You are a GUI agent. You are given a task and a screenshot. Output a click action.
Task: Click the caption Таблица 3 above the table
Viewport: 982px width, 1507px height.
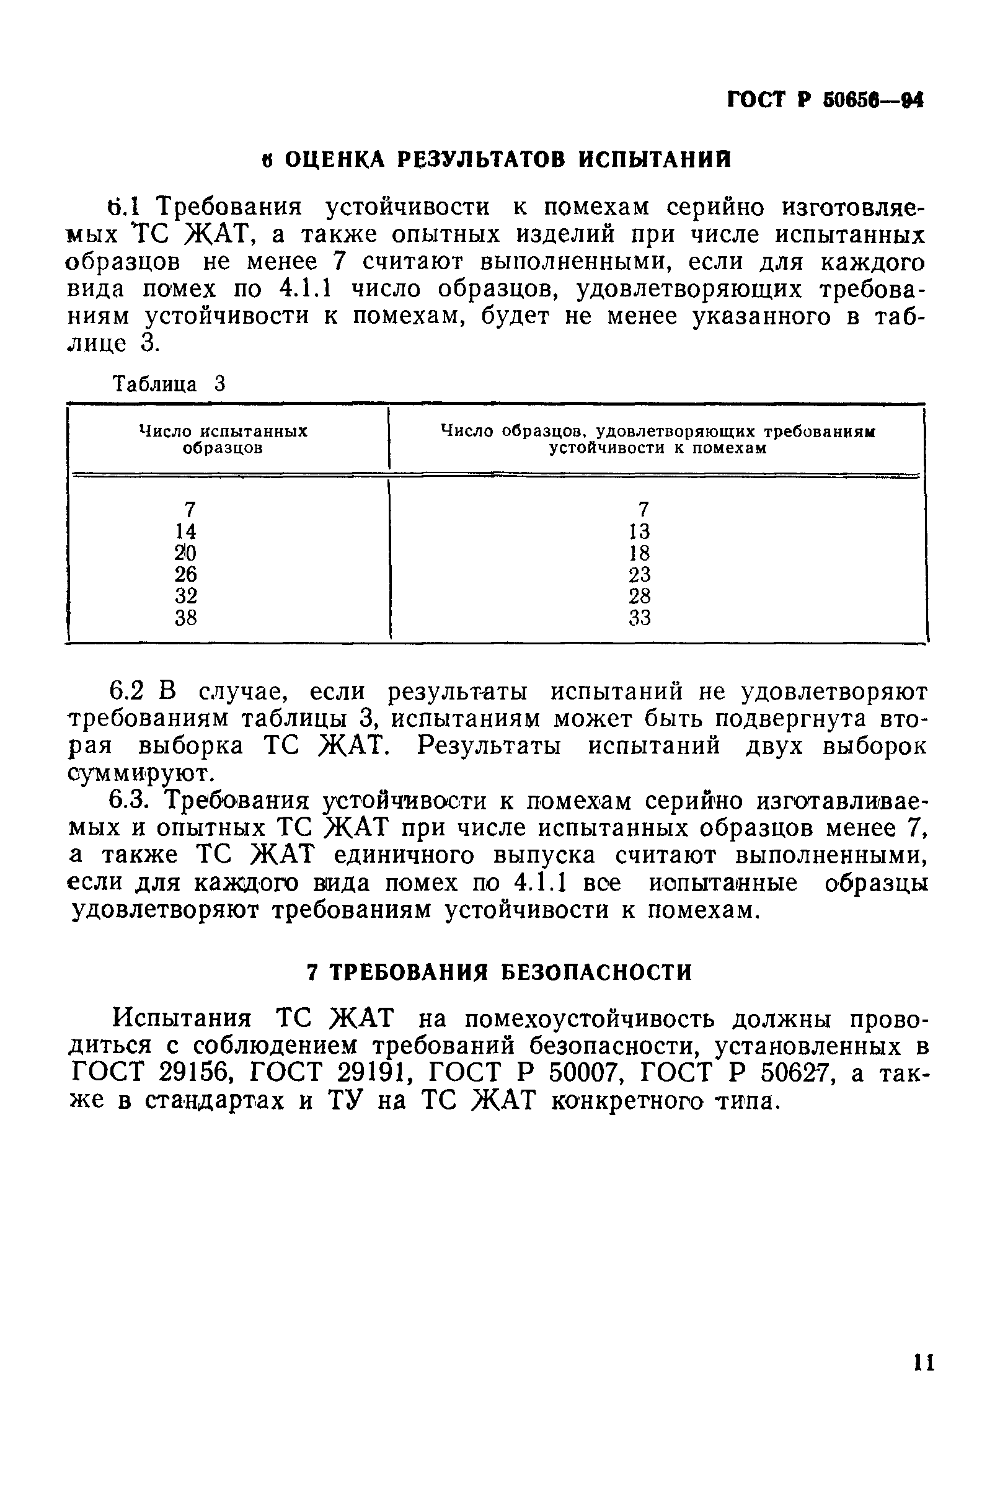(169, 385)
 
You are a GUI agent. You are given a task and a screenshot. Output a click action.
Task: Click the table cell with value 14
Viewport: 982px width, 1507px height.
(186, 531)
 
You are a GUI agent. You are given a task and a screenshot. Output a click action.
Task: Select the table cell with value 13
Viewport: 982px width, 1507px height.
(639, 531)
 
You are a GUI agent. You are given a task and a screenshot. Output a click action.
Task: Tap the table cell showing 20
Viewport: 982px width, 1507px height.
(186, 553)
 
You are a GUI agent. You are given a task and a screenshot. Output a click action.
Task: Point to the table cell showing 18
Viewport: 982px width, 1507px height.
(639, 553)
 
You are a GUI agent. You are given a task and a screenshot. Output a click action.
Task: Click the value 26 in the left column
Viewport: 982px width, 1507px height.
(186, 574)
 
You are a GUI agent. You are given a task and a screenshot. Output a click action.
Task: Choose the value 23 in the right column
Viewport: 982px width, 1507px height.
(639, 574)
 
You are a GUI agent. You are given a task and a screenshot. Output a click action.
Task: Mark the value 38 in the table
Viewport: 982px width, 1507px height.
(186, 617)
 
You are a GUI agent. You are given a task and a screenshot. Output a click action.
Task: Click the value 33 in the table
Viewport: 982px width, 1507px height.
(639, 617)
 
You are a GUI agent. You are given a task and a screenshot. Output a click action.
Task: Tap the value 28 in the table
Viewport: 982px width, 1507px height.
(639, 596)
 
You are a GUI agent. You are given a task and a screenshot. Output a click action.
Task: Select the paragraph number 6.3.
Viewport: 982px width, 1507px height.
(130, 801)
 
